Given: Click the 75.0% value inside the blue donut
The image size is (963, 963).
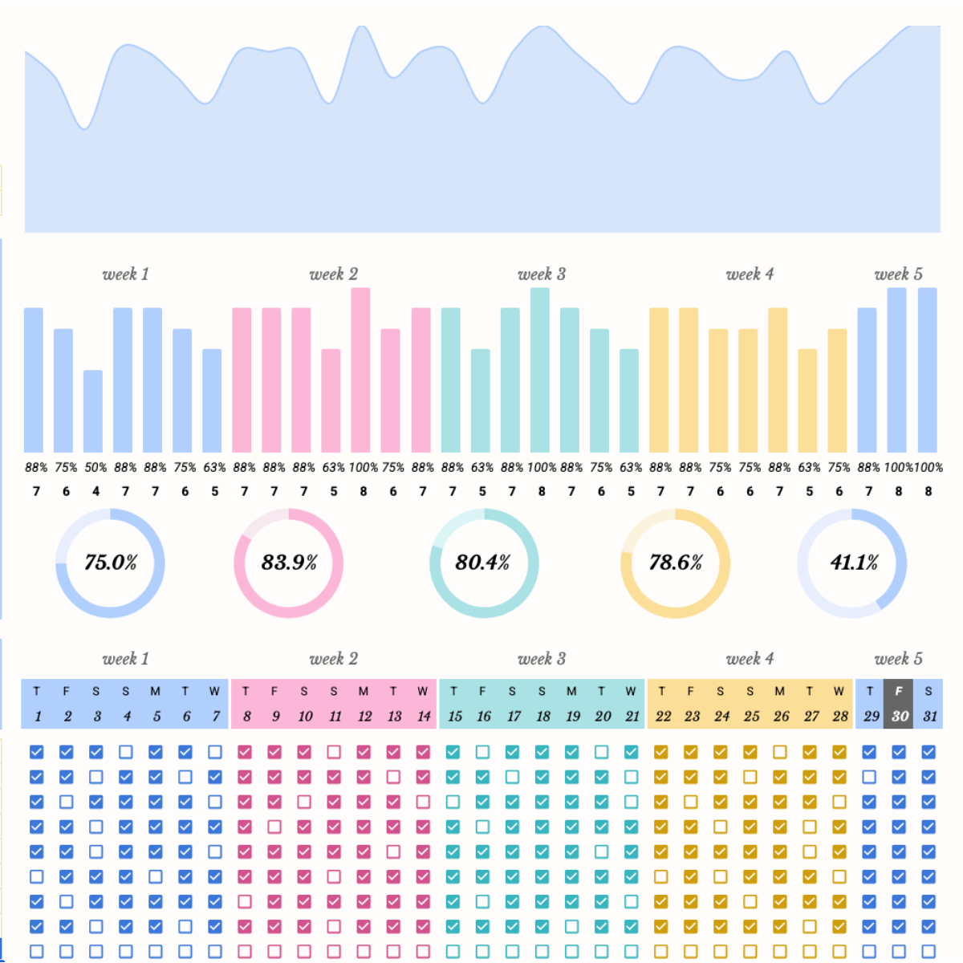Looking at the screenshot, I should point(111,563).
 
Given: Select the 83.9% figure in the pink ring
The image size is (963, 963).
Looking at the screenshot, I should point(289,563).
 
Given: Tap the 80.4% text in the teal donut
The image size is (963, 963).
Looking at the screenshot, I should point(482,563).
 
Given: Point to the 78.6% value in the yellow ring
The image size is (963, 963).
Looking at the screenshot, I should point(676,563).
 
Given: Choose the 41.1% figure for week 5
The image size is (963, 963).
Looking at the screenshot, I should point(854,563).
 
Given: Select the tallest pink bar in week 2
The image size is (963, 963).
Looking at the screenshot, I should point(360,369).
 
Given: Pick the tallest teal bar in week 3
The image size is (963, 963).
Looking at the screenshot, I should point(540,369).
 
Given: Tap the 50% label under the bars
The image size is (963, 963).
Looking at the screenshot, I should point(95,467).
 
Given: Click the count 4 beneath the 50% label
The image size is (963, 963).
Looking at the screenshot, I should point(95,491).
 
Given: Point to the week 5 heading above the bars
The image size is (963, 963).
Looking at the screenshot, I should point(898,274).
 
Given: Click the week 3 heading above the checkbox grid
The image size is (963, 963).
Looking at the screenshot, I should point(542,659).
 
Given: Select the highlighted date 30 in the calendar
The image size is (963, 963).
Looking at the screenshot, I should point(900,716).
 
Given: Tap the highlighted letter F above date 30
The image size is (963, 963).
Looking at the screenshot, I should point(899,691).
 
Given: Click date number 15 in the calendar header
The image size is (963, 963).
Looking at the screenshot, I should point(454,716).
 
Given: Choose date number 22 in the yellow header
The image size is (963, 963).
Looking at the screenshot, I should point(663,716).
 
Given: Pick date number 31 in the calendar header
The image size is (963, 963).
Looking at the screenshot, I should point(929,716).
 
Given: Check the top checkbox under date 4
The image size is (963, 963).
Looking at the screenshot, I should point(126,752).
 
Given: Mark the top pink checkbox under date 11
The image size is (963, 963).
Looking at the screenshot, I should point(334,752).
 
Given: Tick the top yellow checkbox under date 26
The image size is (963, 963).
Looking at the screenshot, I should point(779,752).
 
